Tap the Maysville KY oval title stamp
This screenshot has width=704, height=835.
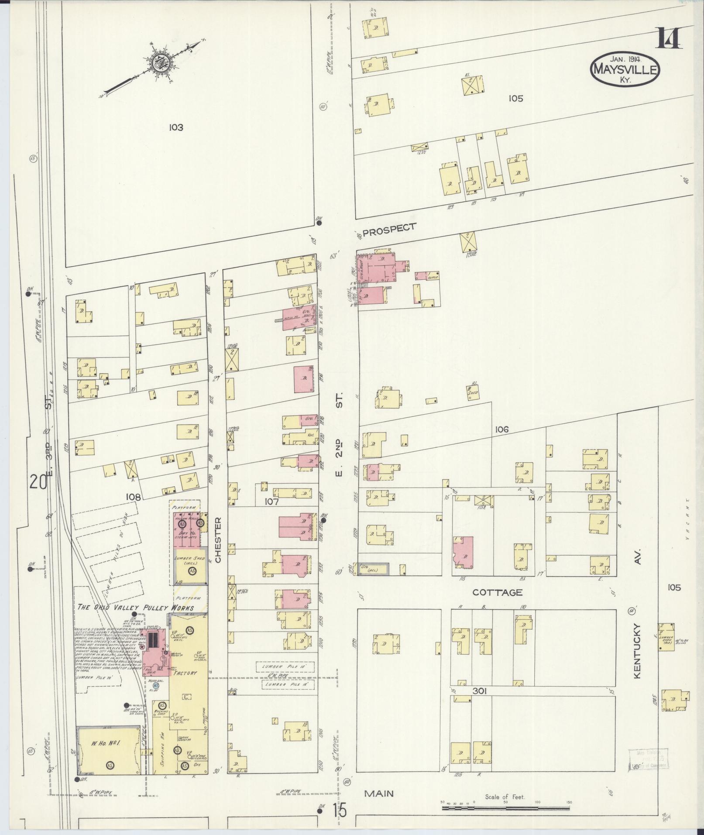(625, 69)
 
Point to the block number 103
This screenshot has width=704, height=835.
(176, 127)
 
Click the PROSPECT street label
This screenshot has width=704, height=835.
(389, 230)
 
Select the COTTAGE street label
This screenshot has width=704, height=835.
(498, 592)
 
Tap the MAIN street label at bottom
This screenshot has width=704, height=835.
(379, 794)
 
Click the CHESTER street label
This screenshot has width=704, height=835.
(218, 539)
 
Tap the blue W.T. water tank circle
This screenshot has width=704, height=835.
(156, 686)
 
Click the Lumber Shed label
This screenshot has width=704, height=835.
(189, 558)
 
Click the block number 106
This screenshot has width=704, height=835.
(502, 430)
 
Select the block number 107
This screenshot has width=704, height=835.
(271, 502)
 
